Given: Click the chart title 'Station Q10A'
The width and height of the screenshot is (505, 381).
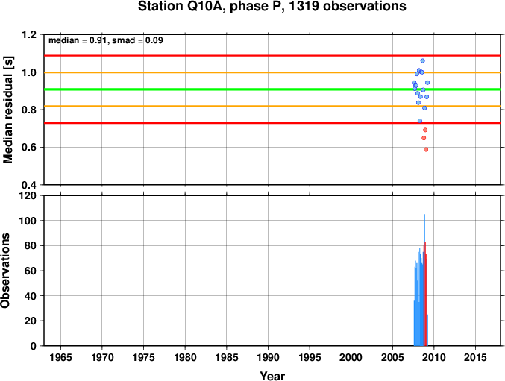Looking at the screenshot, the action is click(179, 7).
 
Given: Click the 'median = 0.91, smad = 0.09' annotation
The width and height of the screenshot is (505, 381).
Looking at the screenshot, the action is click(106, 40).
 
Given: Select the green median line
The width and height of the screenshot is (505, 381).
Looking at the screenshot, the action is click(272, 89).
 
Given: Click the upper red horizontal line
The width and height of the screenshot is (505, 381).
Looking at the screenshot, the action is click(272, 56).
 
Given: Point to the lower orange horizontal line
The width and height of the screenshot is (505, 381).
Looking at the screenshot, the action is click(272, 106).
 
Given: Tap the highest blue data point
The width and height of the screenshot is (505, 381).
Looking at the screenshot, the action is click(422, 61).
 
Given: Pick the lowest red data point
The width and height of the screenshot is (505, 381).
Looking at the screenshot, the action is click(426, 149).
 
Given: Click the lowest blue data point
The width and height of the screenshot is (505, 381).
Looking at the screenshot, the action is click(420, 121).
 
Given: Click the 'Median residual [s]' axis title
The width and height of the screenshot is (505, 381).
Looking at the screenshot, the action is click(7, 110).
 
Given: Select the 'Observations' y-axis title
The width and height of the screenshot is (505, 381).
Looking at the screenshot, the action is click(5, 271).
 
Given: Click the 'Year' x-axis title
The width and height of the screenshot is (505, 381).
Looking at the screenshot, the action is click(272, 376).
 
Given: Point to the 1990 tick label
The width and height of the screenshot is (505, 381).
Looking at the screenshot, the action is click(268, 357).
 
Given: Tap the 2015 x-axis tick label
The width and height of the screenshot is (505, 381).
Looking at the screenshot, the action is click(475, 357).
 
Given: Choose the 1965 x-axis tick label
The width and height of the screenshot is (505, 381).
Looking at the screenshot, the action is click(60, 357).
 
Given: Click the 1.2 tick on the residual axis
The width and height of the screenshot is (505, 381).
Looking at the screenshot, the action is click(29, 34).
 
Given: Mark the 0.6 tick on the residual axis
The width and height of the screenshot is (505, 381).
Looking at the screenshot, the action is click(29, 148).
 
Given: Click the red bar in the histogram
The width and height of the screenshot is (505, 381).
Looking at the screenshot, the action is click(425, 294).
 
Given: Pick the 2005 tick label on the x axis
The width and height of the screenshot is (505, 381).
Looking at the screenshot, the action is click(392, 357).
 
